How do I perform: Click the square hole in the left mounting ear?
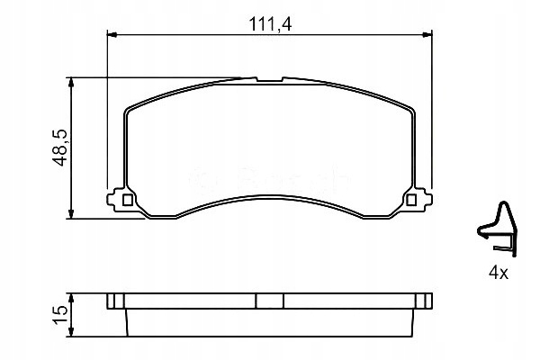pyautogui.click(x=127, y=200)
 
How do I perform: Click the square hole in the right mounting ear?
pyautogui.click(x=412, y=200)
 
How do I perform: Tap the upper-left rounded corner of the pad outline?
pyautogui.click(x=130, y=111)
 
